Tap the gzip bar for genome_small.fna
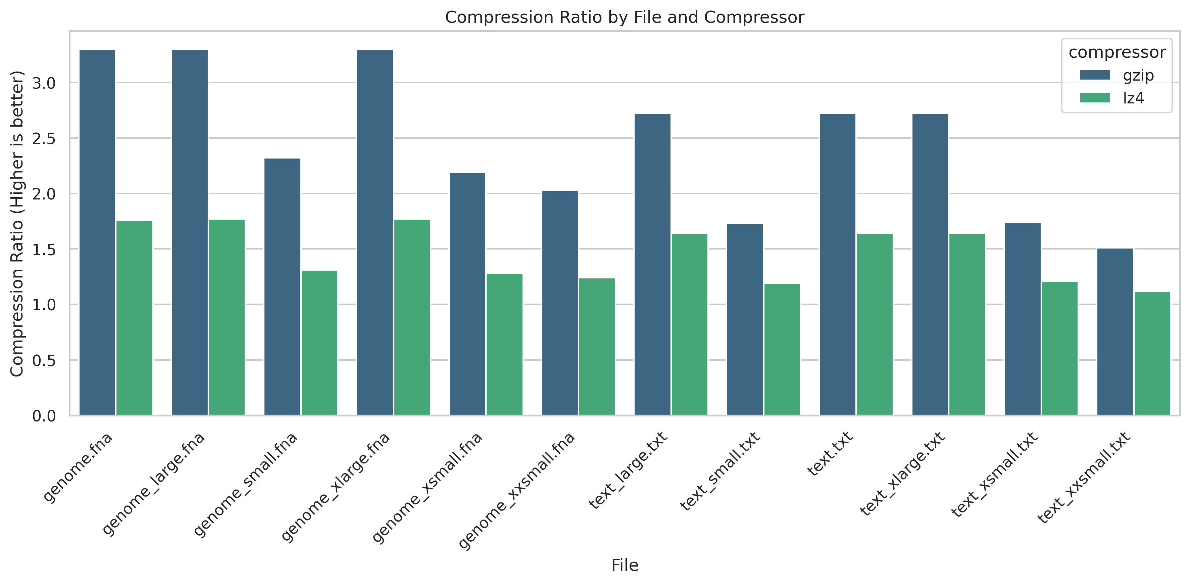(x=282, y=287)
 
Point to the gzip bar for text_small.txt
(x=745, y=319)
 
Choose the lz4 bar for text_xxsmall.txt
(x=1152, y=353)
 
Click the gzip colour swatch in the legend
(x=1094, y=75)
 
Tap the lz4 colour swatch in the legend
(x=1094, y=98)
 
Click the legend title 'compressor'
(x=1117, y=52)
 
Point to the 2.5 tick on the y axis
(x=44, y=139)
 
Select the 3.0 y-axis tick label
(x=44, y=83)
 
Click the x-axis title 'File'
(x=625, y=565)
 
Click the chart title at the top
(x=625, y=17)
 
